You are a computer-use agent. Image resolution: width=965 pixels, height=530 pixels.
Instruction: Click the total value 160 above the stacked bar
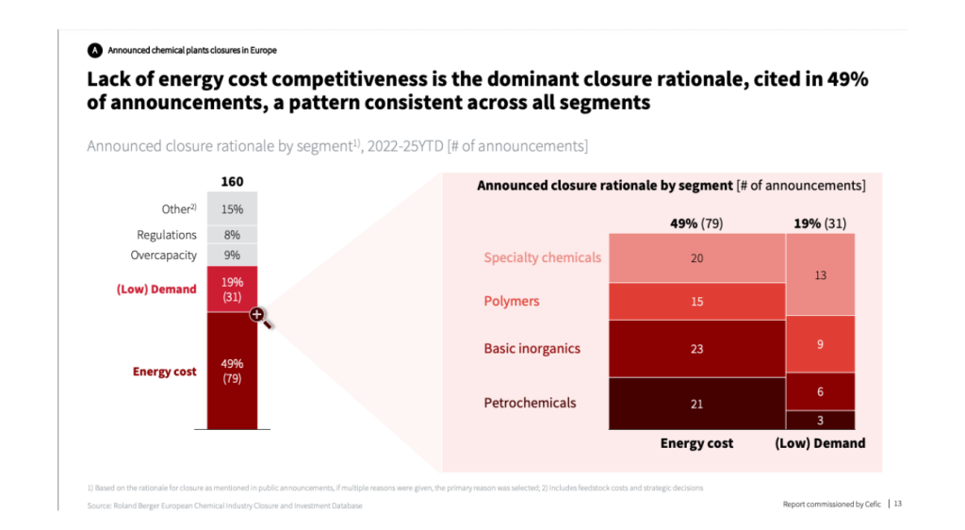point(232,181)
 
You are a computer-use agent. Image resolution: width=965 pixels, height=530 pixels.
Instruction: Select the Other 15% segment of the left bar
point(232,208)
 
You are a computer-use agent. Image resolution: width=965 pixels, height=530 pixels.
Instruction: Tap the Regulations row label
point(167,235)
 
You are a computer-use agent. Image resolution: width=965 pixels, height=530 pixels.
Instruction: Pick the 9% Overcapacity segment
point(232,255)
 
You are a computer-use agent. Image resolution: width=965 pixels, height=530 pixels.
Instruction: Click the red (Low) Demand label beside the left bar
point(156,289)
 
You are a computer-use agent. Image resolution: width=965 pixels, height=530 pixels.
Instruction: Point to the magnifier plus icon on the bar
point(257,315)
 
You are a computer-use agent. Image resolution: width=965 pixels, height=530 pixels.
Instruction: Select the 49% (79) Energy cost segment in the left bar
point(232,370)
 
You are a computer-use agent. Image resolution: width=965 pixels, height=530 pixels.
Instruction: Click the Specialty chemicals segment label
point(542,257)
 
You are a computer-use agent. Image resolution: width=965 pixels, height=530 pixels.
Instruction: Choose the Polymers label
point(512,301)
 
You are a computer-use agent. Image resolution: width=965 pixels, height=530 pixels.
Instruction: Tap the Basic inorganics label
point(532,348)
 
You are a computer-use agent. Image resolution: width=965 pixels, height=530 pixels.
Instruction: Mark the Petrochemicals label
point(530,403)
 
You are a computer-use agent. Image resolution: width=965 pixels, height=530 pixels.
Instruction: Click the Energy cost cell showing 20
point(696,257)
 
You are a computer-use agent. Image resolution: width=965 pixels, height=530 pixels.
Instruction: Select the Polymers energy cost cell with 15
point(696,301)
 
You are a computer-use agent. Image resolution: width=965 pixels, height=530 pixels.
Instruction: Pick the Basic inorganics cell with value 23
point(696,348)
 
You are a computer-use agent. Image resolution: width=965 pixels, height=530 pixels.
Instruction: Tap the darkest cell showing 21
point(696,404)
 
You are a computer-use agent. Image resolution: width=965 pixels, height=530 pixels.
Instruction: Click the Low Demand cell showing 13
point(820,274)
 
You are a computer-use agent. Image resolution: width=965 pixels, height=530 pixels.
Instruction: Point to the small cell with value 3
point(820,420)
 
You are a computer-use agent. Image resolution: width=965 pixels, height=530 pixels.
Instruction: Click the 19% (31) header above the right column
point(820,224)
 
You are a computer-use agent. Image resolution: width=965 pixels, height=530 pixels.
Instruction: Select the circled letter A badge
point(94,50)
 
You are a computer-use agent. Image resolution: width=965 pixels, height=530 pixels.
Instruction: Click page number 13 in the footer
point(897,504)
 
